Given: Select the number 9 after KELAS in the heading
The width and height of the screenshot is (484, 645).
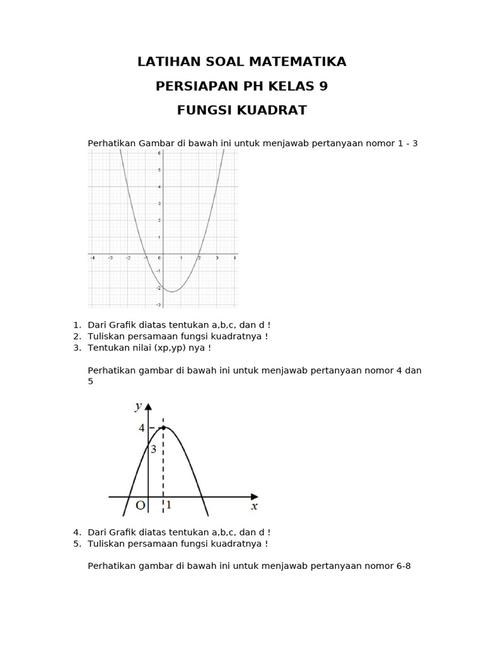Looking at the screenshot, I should (x=323, y=86).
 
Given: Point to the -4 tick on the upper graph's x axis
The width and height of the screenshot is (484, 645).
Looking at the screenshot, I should (x=92, y=258).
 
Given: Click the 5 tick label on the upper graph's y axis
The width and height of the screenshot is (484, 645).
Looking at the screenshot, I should (x=159, y=169).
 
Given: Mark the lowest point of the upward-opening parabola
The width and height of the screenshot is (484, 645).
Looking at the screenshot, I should (x=171, y=291).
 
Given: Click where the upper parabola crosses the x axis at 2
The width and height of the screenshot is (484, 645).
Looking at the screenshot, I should (x=199, y=254).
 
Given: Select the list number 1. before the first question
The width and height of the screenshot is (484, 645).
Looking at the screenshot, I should (x=77, y=325).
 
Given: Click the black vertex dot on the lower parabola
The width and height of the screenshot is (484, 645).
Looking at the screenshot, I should (x=164, y=428).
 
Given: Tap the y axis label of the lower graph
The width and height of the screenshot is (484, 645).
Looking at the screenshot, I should (x=138, y=406).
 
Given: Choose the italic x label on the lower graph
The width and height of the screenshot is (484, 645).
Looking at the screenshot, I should (x=254, y=506).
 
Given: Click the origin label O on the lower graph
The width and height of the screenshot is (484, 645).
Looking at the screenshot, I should (x=140, y=506).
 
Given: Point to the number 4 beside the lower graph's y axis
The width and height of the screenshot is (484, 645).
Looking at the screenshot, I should (x=141, y=428).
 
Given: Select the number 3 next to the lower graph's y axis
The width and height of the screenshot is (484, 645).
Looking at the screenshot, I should (x=153, y=450).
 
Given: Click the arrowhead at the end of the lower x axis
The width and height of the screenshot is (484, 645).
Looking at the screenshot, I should (x=254, y=496).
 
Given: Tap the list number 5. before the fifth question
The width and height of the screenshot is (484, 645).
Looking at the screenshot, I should (x=77, y=544).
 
